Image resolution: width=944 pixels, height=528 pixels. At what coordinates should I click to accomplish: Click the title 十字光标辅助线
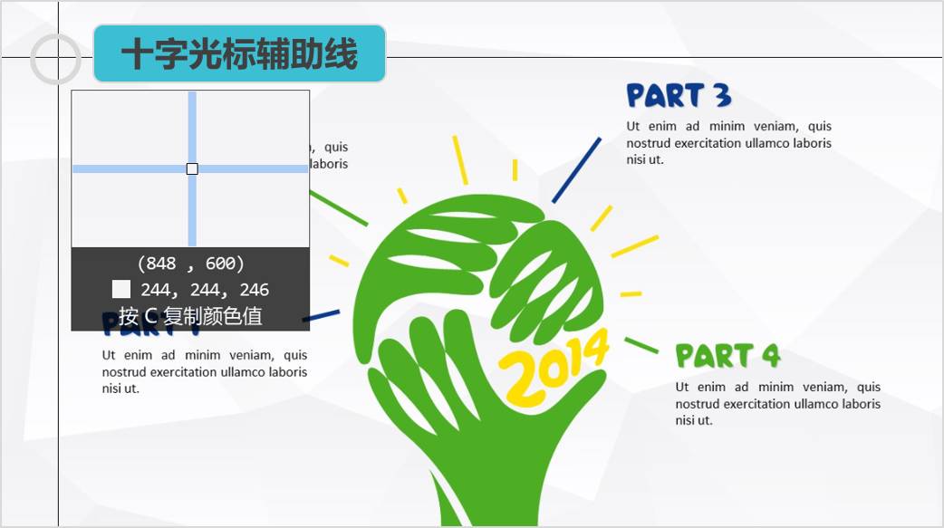240,54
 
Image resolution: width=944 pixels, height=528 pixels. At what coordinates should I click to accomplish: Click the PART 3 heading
679,95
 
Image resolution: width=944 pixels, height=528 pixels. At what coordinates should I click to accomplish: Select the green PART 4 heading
727,356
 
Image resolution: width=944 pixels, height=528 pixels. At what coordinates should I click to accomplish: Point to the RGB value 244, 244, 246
205,290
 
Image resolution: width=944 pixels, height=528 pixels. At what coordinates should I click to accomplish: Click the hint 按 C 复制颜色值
190,317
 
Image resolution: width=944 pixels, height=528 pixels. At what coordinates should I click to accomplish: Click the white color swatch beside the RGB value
121,290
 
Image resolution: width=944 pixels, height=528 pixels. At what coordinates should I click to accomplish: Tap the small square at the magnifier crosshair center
192,168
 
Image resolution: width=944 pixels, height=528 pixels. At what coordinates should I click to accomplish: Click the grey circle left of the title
56,59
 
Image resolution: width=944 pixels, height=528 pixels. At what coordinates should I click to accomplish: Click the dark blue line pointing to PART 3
576,170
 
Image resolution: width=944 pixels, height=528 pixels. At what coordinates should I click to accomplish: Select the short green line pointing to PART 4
641,345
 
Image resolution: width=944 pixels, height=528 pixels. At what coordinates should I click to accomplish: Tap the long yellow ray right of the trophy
635,245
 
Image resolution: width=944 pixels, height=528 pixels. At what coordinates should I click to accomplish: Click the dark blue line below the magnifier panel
322,316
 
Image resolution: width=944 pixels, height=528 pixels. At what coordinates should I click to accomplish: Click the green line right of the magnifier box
339,207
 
